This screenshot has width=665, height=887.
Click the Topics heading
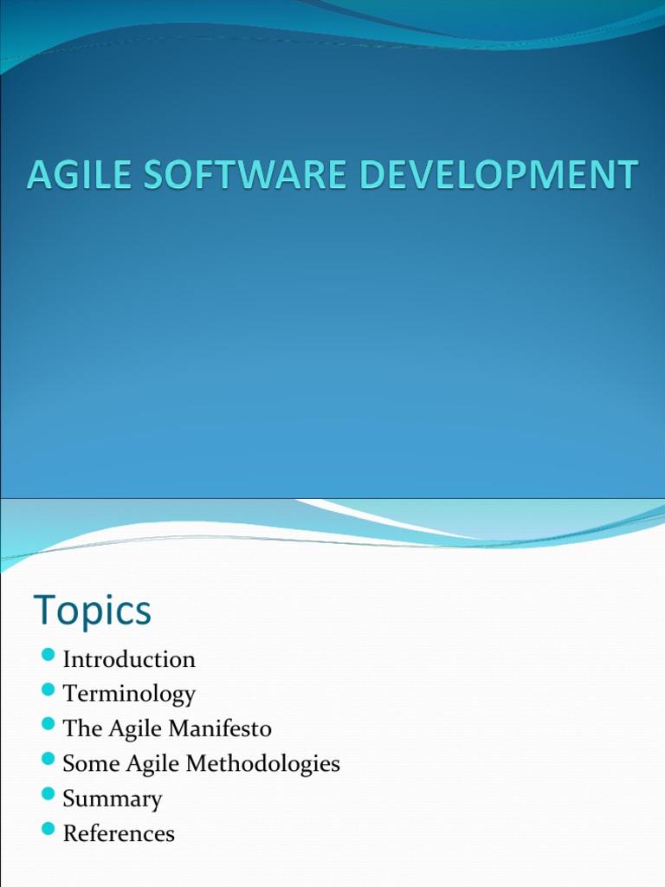(x=93, y=611)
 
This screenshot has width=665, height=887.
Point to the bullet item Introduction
(x=129, y=659)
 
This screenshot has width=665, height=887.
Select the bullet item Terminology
(x=129, y=694)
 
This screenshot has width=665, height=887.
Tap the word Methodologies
(x=268, y=763)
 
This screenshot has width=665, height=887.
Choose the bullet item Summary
(x=113, y=799)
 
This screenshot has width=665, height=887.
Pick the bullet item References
(x=119, y=833)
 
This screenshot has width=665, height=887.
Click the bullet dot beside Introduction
(x=48, y=654)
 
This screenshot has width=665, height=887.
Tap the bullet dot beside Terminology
(x=48, y=689)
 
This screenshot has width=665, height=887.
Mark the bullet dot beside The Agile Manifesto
(x=48, y=723)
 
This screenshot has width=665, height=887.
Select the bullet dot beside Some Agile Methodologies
(x=48, y=759)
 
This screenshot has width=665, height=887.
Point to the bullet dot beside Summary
(x=48, y=793)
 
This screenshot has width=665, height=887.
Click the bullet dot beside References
(x=48, y=828)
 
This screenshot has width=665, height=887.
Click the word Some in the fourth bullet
(x=84, y=763)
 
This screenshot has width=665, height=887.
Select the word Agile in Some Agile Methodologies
(x=139, y=764)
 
